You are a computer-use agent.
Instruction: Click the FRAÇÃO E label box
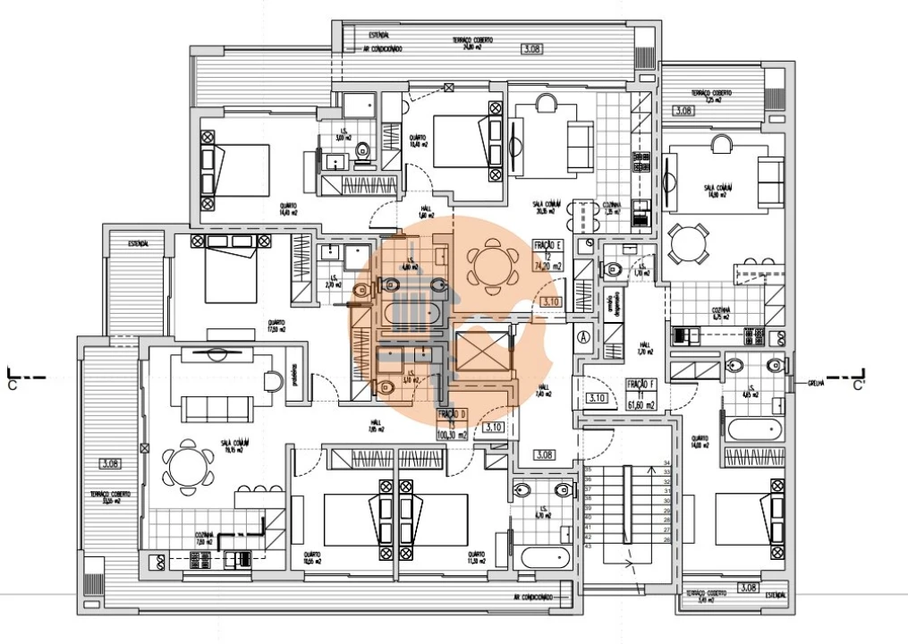point(547,255)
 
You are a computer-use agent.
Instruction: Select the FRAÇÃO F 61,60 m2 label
point(641,394)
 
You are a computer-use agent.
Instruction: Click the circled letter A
point(583,337)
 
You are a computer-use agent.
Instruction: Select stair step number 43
point(589,546)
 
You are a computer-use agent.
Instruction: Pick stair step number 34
point(666,463)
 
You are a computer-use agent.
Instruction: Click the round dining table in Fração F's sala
point(689,242)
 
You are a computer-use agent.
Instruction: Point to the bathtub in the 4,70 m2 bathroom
point(546,556)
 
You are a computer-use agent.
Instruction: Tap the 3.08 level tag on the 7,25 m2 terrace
point(683,111)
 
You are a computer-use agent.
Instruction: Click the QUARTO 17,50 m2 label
point(276,326)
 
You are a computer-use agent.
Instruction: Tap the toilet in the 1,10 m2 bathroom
point(614,267)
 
